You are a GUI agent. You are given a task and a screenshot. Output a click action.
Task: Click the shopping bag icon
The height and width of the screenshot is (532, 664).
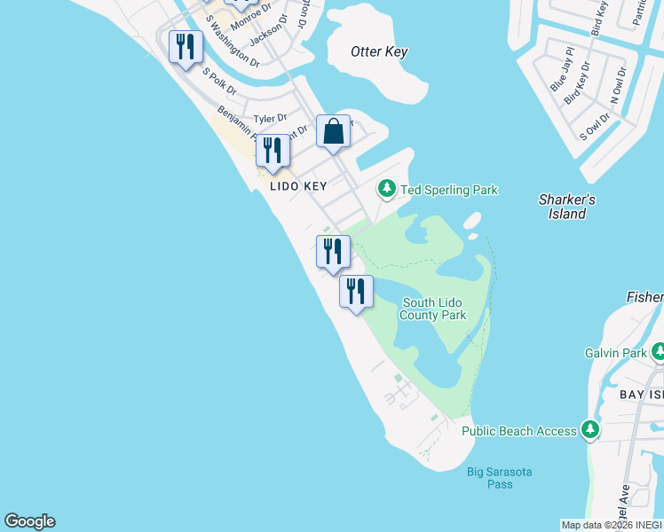pos(333,132)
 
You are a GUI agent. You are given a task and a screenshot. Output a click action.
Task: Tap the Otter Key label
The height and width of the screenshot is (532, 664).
pos(379,51)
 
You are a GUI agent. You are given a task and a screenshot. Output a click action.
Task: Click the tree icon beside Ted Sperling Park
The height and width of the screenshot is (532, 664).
pos(386,189)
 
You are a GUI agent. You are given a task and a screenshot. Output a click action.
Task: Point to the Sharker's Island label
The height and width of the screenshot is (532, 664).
pos(566,207)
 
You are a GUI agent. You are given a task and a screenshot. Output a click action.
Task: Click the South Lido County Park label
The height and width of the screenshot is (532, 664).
pos(431,309)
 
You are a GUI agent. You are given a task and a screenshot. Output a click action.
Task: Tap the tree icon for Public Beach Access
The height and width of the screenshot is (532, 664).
pos(590,431)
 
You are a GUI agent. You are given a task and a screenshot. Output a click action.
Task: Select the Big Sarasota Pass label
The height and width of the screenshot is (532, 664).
pos(499,478)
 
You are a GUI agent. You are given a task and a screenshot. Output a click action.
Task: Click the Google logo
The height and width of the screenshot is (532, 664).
pos(29,521)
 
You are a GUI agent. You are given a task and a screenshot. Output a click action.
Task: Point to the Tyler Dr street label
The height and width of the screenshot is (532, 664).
pos(270,118)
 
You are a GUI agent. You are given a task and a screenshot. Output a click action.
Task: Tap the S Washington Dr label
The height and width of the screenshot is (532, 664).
pos(232,42)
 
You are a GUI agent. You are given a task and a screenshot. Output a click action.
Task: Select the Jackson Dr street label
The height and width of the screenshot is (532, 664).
pos(269,32)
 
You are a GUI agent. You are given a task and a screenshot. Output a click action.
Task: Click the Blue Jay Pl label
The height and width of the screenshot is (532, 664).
pos(562,69)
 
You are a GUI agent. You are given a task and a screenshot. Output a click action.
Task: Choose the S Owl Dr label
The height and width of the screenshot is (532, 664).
pos(595,127)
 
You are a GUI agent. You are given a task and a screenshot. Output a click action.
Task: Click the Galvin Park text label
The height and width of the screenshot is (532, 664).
pos(616,353)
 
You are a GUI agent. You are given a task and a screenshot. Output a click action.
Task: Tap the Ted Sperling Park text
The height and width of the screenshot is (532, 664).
pos(449,190)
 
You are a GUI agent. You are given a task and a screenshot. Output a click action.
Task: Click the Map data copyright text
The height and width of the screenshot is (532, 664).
pos(612,525)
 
